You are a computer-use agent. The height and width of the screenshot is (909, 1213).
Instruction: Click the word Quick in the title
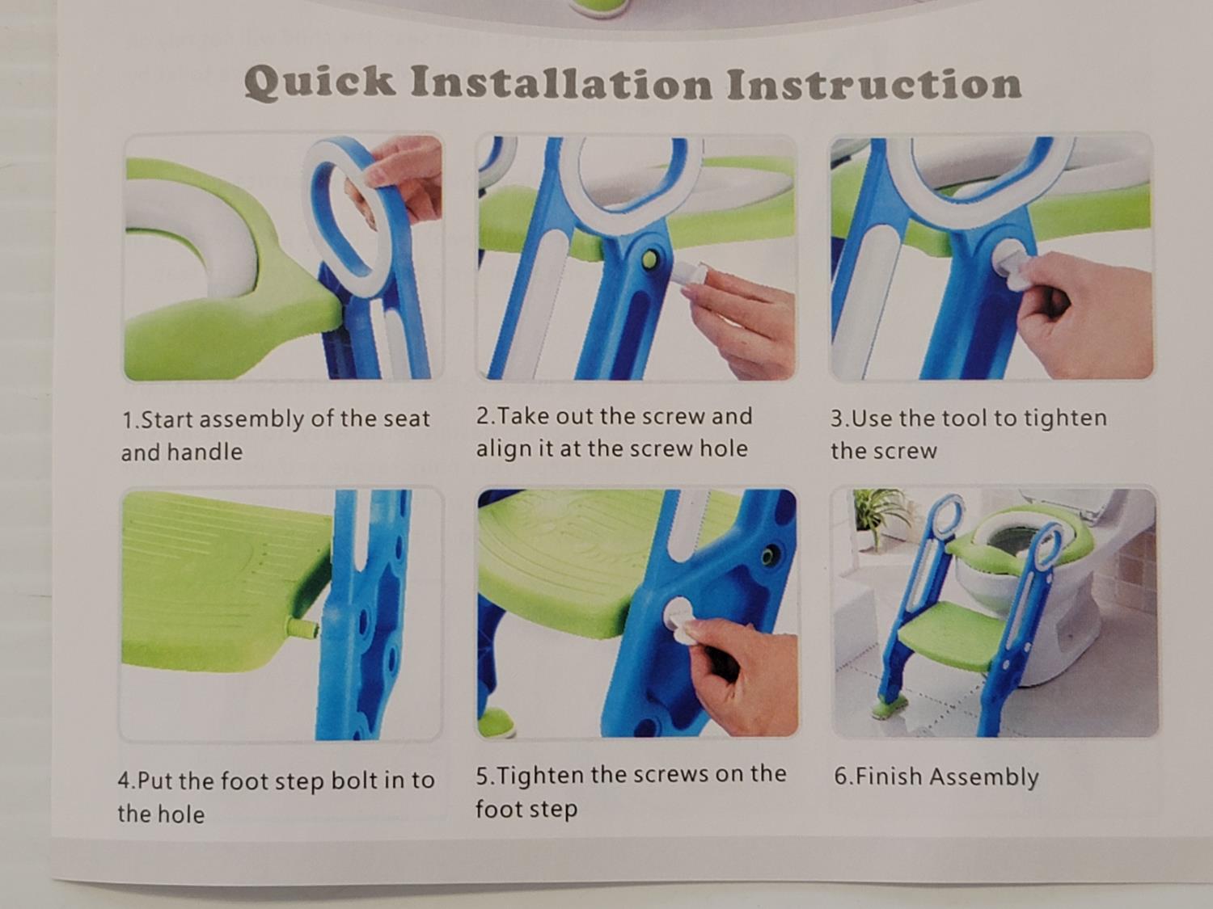[x=319, y=83]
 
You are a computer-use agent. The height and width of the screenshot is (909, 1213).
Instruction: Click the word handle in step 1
[x=205, y=452]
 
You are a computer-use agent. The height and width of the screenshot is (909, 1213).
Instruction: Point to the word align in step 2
[x=505, y=449]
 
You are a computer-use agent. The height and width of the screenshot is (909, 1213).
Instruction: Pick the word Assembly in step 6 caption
[x=985, y=777]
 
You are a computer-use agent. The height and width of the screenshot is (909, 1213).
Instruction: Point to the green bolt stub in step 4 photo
[x=302, y=627]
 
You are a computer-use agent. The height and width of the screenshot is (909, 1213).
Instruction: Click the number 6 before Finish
[x=840, y=776]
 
